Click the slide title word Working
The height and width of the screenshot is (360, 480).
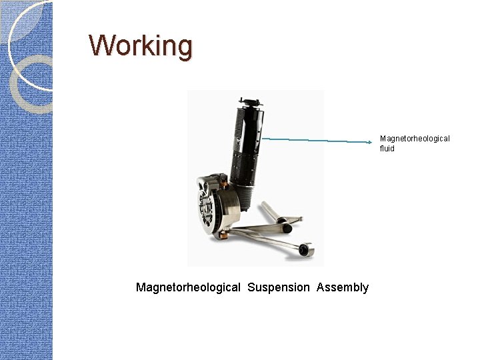pos(141,46)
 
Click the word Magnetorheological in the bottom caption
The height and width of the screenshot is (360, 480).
pos(188,287)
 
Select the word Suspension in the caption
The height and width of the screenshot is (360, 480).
pos(279,287)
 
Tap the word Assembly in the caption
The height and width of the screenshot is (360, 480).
pos(343,287)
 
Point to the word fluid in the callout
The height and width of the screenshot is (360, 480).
pos(387,149)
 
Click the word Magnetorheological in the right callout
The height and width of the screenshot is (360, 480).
pos(415,139)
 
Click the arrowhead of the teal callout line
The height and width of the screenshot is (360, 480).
pos(375,141)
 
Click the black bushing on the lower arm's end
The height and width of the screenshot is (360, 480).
pos(306,251)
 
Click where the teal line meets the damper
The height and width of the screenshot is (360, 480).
pos(262,139)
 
